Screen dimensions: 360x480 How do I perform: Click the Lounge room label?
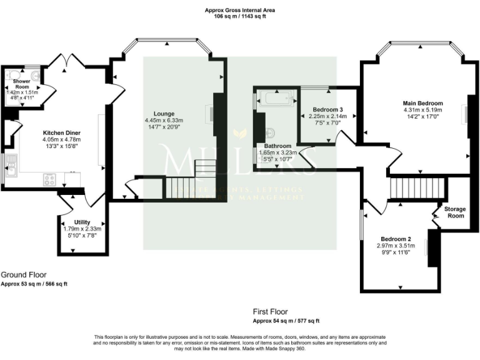coord(155,114)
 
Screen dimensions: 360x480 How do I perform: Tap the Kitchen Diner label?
coord(61,133)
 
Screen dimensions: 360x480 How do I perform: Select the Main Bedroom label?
coord(422,104)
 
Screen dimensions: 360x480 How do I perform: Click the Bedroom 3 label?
coord(327,109)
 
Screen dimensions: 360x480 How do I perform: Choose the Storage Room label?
coord(454,212)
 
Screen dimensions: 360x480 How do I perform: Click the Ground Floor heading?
coord(23,274)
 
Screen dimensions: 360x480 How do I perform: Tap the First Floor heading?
coord(270,311)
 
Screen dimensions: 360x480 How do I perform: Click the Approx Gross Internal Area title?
coord(239,10)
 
